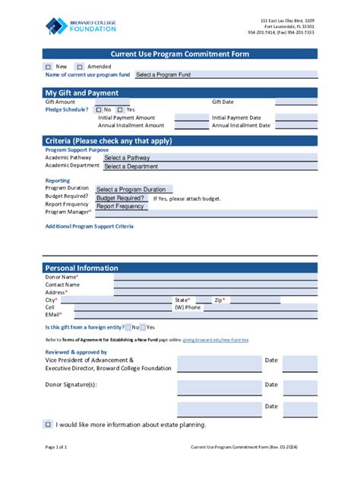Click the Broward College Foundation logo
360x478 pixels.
(x=81, y=26)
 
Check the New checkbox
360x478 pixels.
(x=49, y=67)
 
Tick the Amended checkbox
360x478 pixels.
(x=80, y=67)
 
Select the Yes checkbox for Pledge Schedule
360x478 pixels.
(x=121, y=109)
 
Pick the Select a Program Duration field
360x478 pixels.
(x=134, y=189)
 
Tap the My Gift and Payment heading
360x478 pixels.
(x=81, y=93)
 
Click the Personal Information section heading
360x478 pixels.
(x=81, y=268)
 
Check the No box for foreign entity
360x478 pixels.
(x=128, y=327)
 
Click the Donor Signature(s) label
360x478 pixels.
(x=71, y=385)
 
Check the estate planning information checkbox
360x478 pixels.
(x=48, y=424)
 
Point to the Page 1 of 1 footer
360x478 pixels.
(x=56, y=448)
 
